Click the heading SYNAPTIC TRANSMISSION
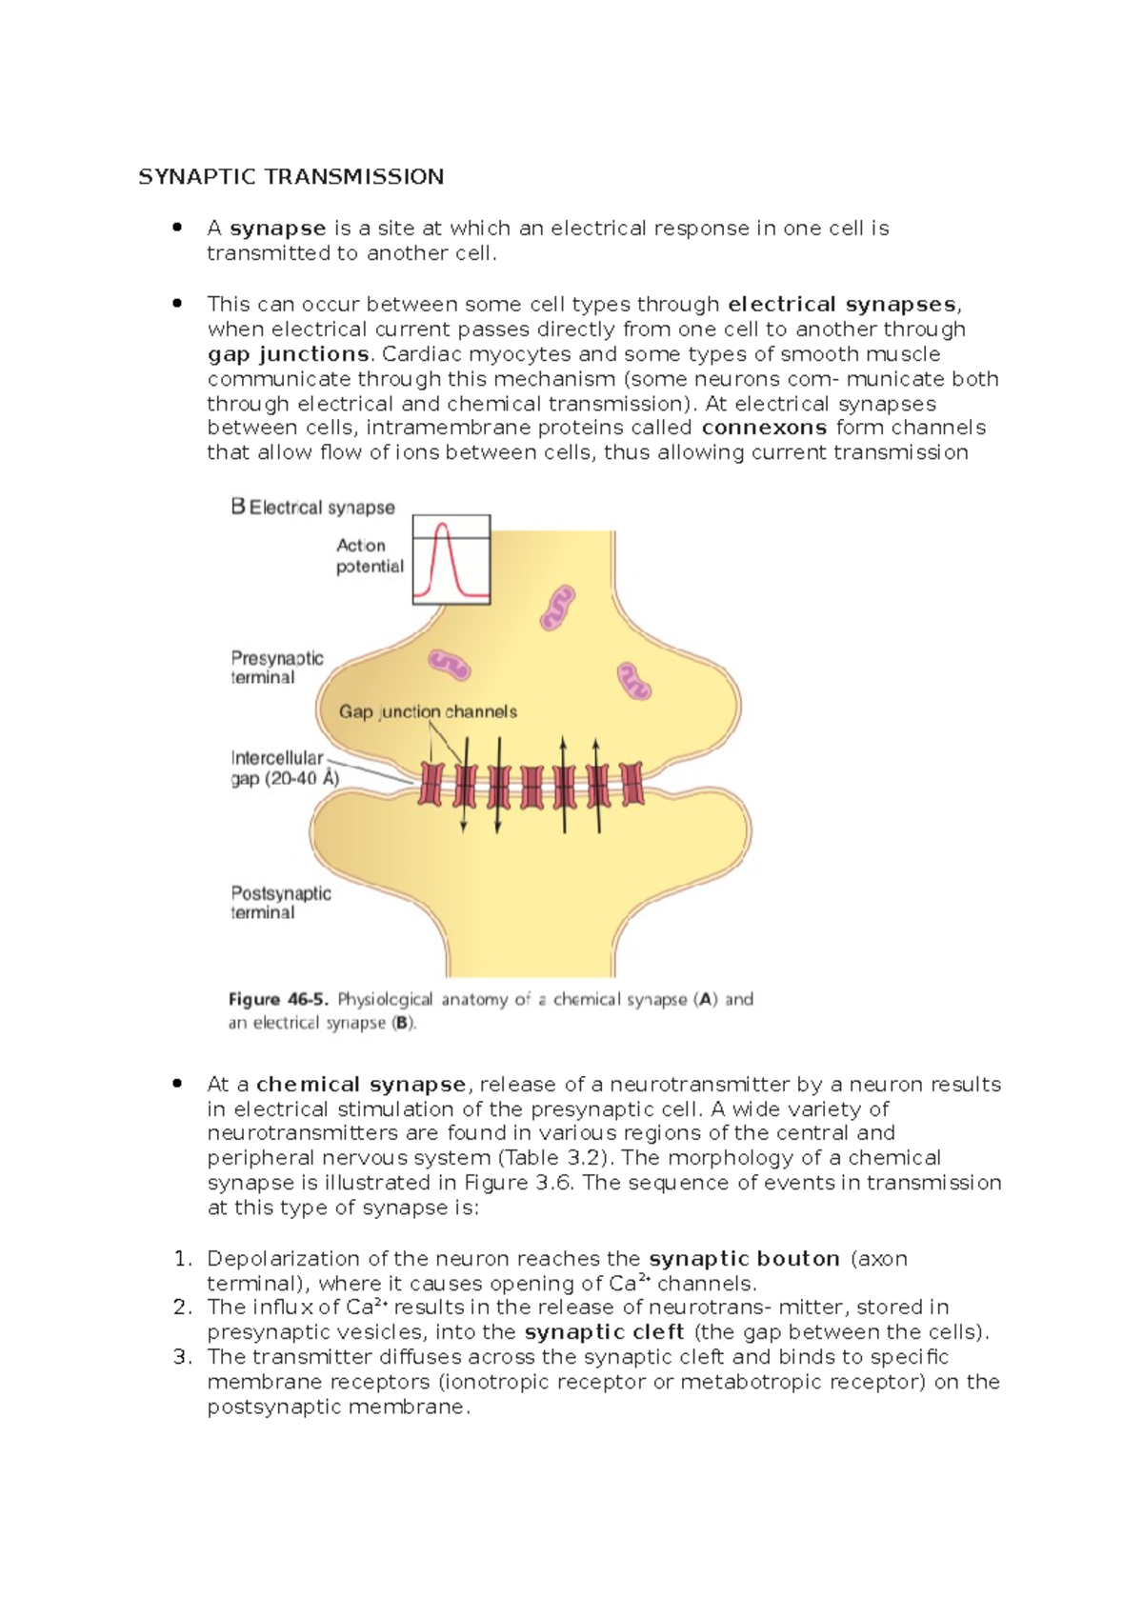291,177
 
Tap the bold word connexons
763,428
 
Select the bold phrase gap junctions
289,354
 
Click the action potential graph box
451,560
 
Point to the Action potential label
370,556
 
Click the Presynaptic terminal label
276,668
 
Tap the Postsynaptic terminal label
280,903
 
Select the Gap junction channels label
428,711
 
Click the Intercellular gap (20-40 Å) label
284,769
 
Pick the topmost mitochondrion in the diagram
557,608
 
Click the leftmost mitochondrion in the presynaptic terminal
449,665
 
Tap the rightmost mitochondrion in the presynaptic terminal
634,681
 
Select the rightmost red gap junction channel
632,785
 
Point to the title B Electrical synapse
312,508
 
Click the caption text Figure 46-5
278,1000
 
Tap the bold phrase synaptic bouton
744,1259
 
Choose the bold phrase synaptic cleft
604,1332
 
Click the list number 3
183,1357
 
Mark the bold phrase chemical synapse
361,1085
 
